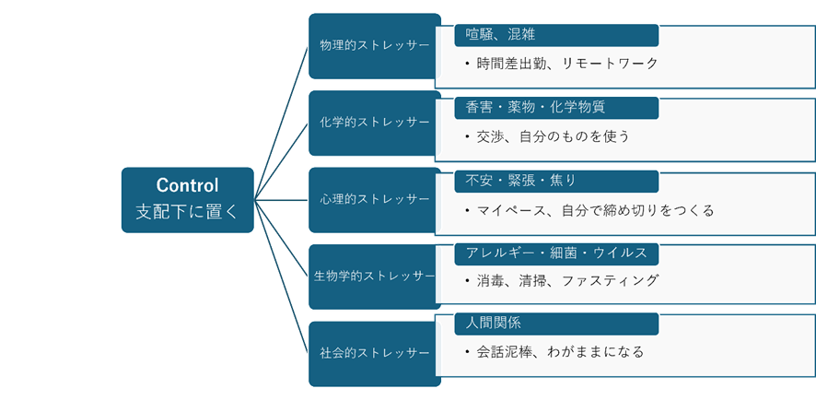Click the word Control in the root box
pyautogui.click(x=187, y=184)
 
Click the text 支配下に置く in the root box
pyautogui.click(x=187, y=211)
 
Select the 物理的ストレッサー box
pyautogui.click(x=374, y=45)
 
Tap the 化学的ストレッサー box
pyautogui.click(x=374, y=123)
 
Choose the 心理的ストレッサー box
pyautogui.click(x=374, y=199)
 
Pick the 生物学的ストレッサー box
pyautogui.click(x=374, y=276)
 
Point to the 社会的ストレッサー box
pyautogui.click(x=374, y=353)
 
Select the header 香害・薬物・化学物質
pyautogui.click(x=535, y=107)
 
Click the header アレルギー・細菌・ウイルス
pyautogui.click(x=556, y=252)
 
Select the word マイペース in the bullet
pyautogui.click(x=513, y=210)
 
